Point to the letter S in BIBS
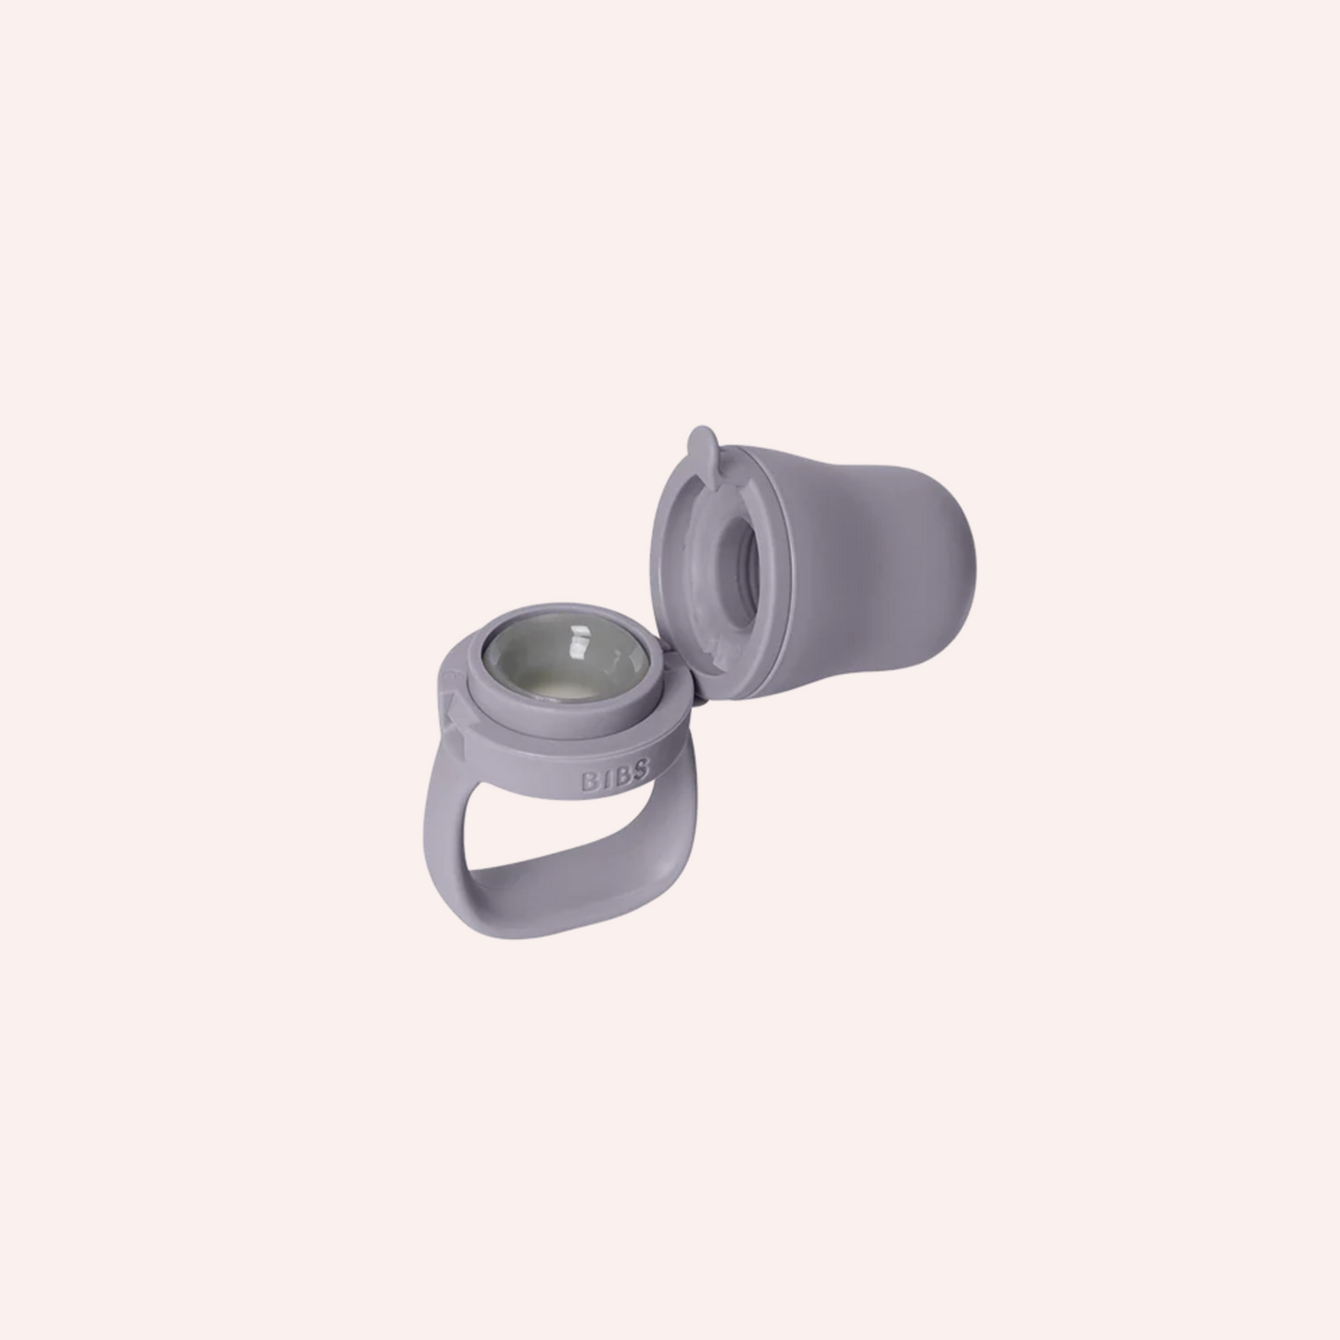tap(642, 769)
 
